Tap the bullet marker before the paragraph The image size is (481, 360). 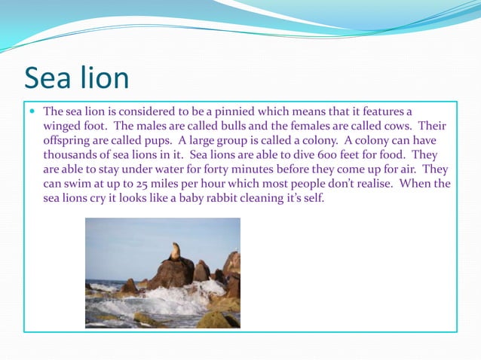32,111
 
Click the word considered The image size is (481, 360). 147,111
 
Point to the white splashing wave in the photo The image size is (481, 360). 181,297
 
